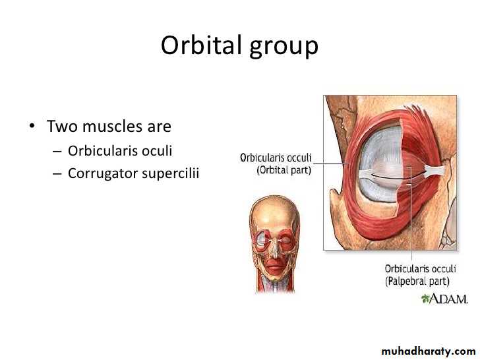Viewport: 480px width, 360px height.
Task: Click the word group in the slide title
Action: point(284,47)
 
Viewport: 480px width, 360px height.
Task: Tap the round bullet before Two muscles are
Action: point(32,126)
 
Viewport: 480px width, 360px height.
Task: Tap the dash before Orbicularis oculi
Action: point(57,151)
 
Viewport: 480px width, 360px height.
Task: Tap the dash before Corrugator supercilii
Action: point(57,173)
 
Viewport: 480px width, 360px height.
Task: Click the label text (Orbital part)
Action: point(284,170)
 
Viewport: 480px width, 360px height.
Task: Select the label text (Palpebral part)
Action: point(417,281)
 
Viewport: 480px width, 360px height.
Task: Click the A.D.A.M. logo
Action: point(444,299)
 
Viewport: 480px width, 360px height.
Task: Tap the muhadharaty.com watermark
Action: point(429,351)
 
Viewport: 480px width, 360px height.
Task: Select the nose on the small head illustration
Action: point(275,248)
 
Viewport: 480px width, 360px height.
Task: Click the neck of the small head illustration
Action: point(274,284)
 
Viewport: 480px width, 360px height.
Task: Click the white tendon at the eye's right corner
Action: point(435,171)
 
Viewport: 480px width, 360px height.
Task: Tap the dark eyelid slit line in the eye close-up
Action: point(398,177)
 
